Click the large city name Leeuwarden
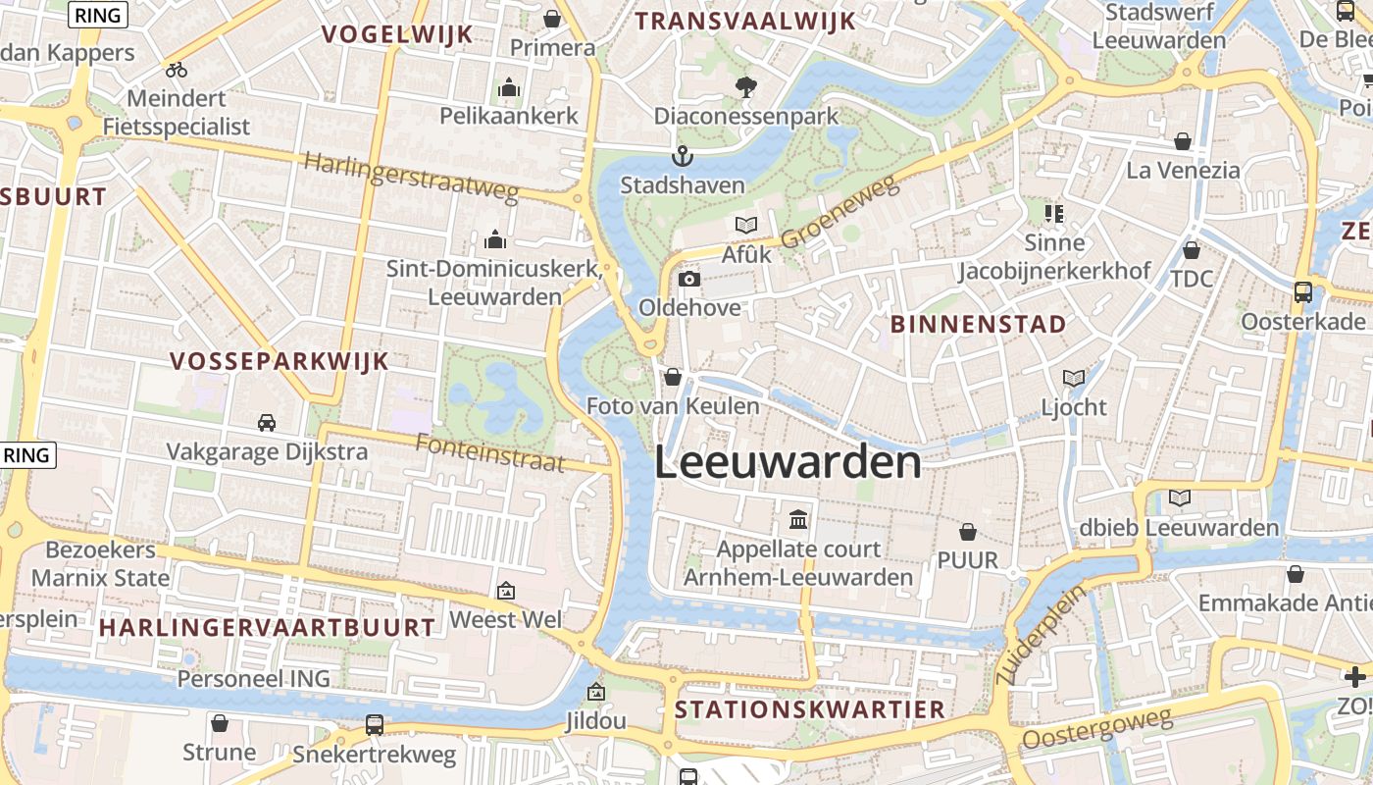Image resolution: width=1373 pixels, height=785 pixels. tap(788, 463)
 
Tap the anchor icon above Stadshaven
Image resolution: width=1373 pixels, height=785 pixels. tap(682, 156)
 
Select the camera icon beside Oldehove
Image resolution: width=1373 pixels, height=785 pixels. tap(689, 279)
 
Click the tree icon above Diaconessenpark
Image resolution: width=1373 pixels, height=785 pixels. tap(746, 86)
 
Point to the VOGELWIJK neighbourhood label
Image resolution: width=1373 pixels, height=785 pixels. tap(397, 34)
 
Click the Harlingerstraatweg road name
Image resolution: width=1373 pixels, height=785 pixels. tap(411, 177)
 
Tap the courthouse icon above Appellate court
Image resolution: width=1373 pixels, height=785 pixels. tap(798, 519)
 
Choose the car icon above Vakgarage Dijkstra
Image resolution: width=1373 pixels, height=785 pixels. tap(266, 422)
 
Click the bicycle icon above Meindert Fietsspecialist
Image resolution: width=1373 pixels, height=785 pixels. tap(177, 70)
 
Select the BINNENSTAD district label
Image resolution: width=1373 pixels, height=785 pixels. tap(978, 324)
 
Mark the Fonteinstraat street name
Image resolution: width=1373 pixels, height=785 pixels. tap(490, 452)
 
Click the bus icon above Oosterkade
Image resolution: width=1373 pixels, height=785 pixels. tap(1303, 291)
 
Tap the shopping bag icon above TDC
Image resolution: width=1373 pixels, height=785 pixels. tap(1192, 250)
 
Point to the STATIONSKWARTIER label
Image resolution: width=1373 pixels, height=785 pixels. tap(810, 709)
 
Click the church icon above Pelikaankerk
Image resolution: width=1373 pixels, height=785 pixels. tap(508, 88)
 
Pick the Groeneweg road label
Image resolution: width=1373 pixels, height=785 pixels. tap(839, 213)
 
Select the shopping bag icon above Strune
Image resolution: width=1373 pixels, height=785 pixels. tap(220, 723)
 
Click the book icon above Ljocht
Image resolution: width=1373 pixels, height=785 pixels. tap(1074, 378)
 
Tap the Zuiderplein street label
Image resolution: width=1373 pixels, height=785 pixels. tap(1042, 635)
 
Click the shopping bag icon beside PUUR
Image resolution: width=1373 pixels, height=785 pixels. tap(968, 532)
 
